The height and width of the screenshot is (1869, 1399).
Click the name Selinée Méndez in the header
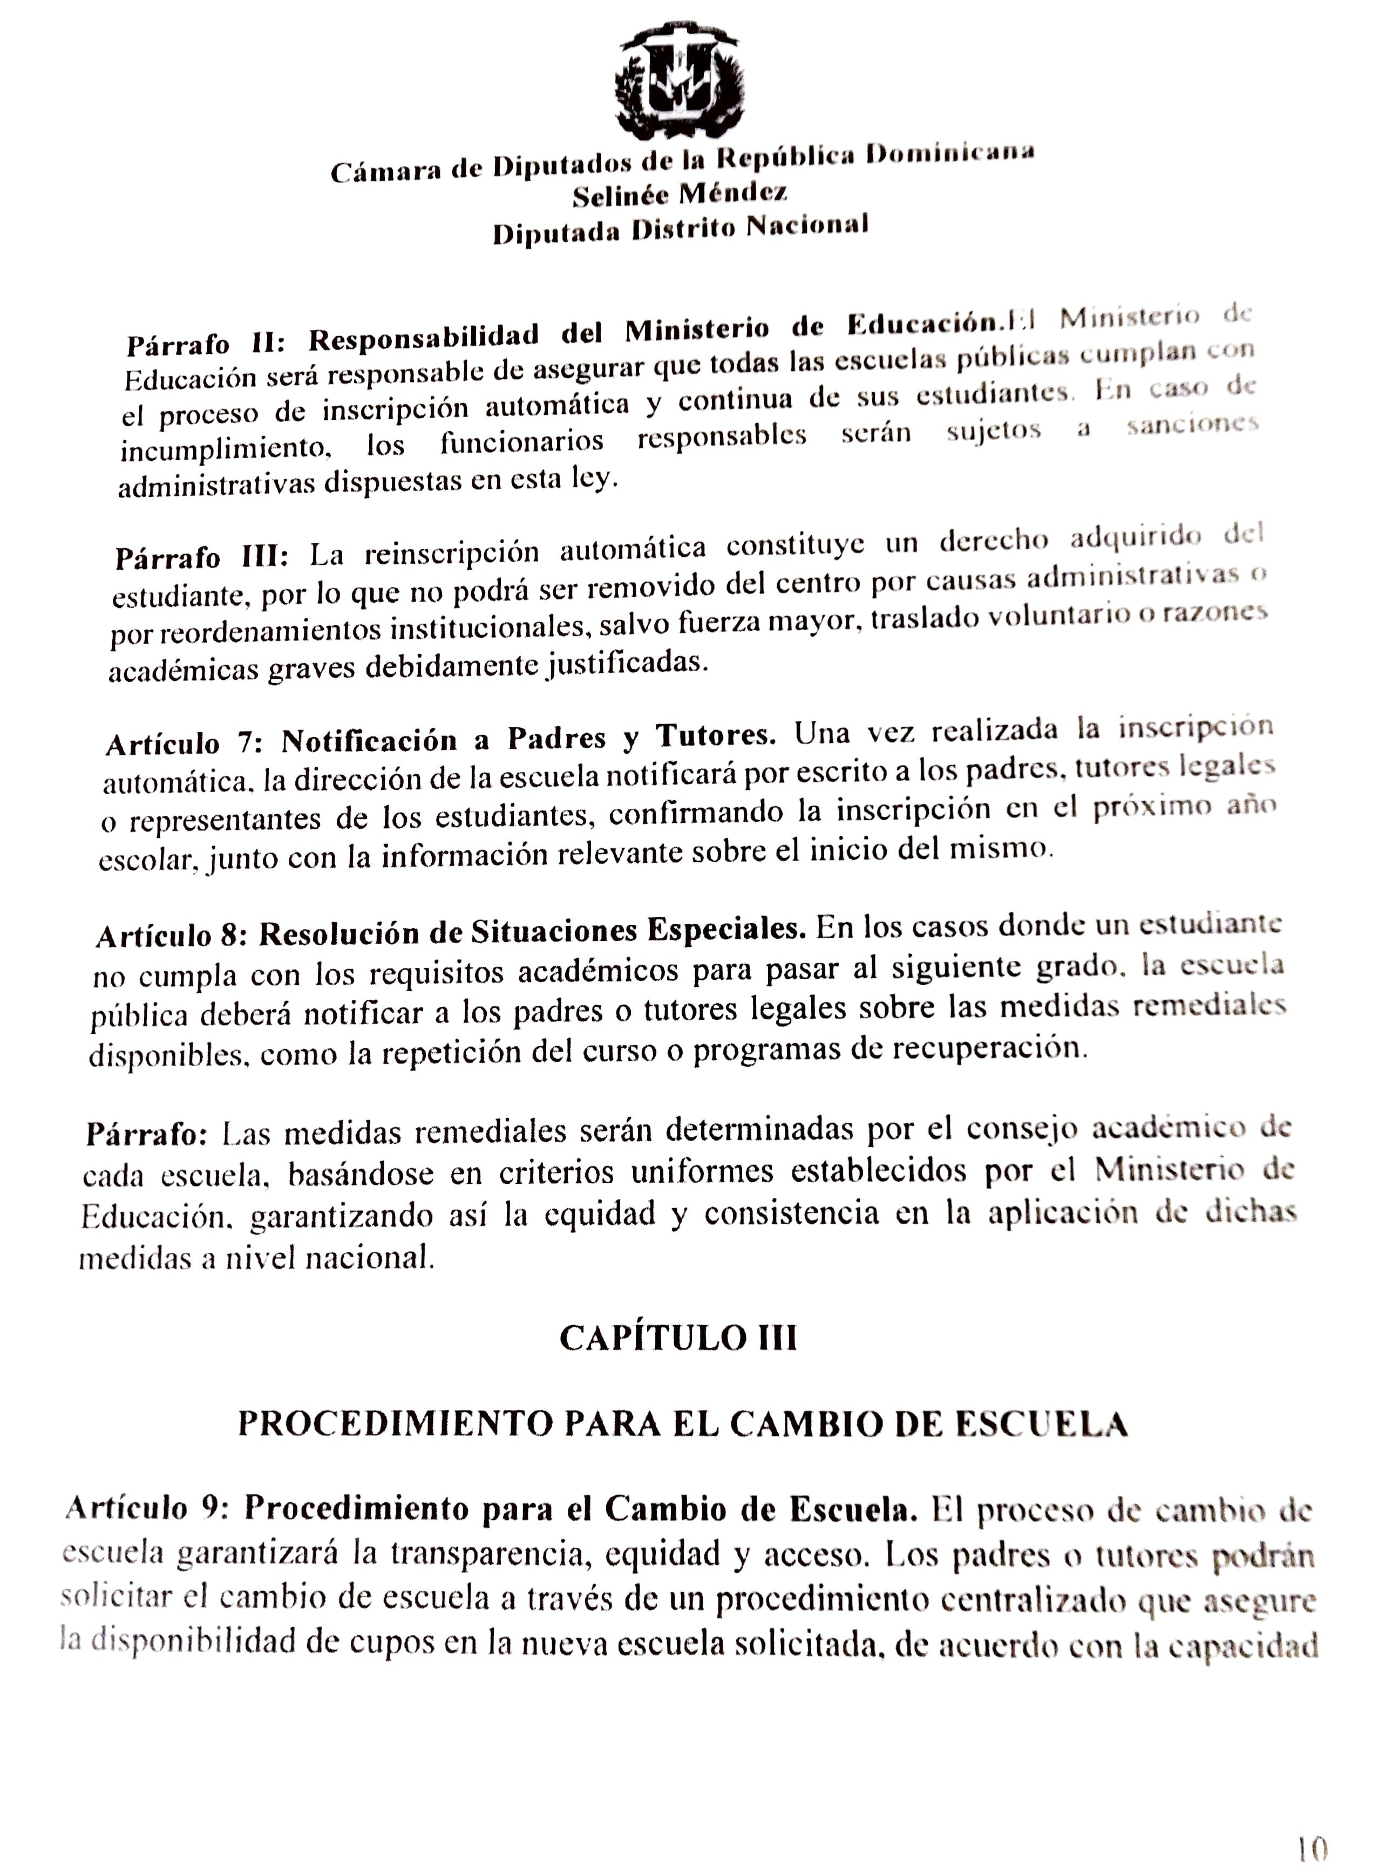click(x=680, y=194)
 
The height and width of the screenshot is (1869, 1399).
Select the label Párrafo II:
click(x=206, y=342)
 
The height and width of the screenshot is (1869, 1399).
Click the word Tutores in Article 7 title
click(x=715, y=735)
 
